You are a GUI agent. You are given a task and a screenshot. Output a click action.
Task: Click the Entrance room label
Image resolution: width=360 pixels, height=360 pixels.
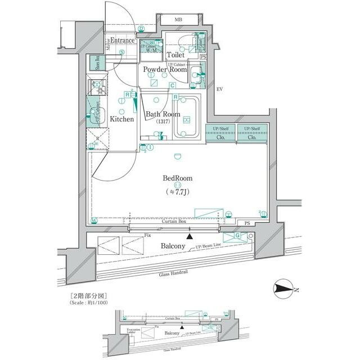point(121,40)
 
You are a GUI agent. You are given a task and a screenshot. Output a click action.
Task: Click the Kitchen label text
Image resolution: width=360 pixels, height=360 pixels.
point(121,119)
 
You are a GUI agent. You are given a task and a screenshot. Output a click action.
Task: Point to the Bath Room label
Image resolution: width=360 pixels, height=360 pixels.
point(163,114)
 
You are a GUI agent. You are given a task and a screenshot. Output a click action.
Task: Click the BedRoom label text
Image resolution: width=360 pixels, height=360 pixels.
point(177,178)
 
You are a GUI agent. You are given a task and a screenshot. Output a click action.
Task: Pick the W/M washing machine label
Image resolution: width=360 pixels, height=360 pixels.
point(151,51)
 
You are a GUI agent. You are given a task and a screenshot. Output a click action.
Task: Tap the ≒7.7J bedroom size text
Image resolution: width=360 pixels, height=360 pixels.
point(177,192)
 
